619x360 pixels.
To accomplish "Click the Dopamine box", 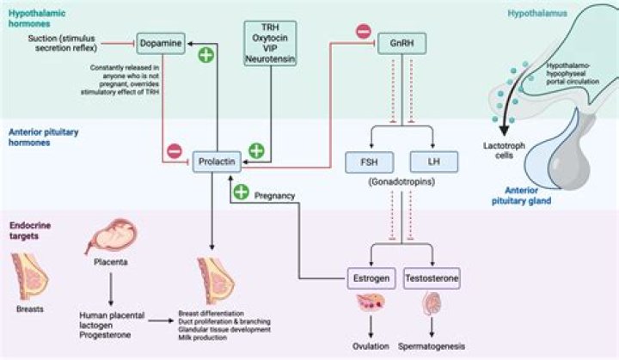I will tap(160, 40).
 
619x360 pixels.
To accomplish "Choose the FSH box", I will tap(365, 160).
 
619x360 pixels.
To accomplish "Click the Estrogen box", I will tap(370, 279).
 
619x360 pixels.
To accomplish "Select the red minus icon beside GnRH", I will tap(364, 32).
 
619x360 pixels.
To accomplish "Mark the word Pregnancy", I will tap(275, 195).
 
